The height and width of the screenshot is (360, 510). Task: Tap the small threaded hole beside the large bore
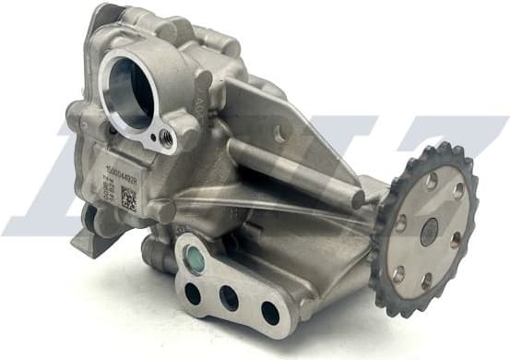pyautogui.click(x=167, y=138)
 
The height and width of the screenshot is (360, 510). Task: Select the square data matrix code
pyautogui.click(x=128, y=199)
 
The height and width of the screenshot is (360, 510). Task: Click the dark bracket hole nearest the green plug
pyautogui.click(x=192, y=293)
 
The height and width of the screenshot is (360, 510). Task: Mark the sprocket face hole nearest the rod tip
pyautogui.click(x=400, y=222)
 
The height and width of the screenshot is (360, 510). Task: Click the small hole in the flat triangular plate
pyautogui.click(x=279, y=135)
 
